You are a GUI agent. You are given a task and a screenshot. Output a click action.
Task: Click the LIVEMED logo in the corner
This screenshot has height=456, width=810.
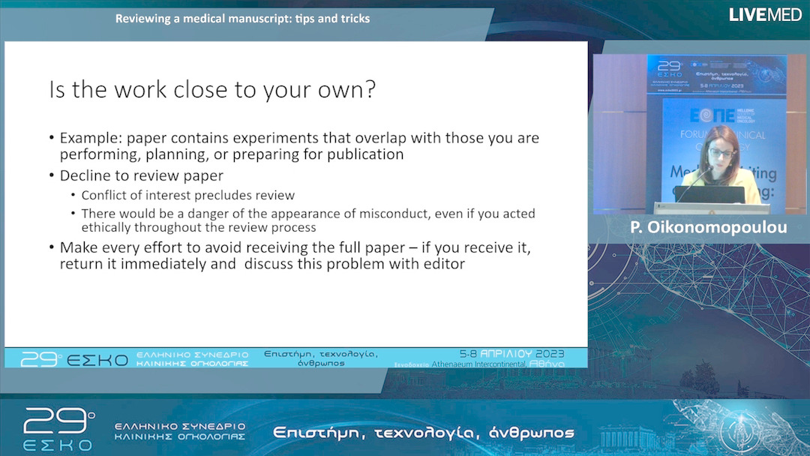tap(765, 14)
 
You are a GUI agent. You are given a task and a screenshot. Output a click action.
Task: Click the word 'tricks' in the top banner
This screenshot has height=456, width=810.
tap(352, 18)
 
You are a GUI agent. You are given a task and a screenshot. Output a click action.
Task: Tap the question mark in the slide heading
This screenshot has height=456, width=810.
tap(369, 90)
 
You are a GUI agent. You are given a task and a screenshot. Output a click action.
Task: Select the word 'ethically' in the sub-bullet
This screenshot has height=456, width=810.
tap(107, 227)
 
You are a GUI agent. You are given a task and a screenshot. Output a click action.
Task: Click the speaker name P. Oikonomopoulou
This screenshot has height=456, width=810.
tap(709, 226)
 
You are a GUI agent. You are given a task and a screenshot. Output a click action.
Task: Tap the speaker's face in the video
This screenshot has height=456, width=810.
tap(719, 151)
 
